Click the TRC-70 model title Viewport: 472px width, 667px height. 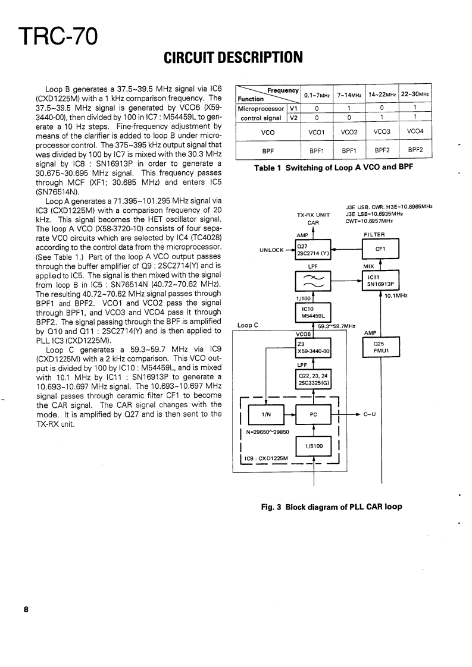pos(54,37)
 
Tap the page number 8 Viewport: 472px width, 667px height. pos(26,609)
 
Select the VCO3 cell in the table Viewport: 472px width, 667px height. pos(382,131)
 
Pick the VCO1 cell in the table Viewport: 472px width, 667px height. pos(317,131)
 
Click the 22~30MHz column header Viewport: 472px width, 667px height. pos(415,95)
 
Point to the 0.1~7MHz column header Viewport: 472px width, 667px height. pos(317,95)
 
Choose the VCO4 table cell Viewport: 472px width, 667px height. pos(415,131)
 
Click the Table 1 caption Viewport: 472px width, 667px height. pos(333,168)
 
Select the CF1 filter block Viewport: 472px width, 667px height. pos(380,248)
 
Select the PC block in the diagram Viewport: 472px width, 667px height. pos(313,414)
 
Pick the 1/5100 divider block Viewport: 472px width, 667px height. pos(313,445)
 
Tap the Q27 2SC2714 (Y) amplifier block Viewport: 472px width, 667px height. pos(313,249)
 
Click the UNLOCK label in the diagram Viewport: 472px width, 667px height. pos(271,250)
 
